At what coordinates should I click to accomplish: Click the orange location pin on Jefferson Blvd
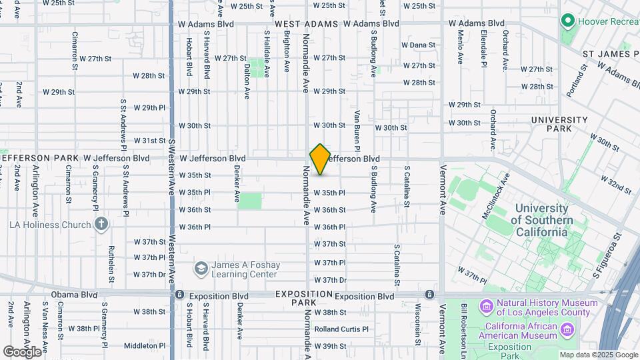(x=320, y=159)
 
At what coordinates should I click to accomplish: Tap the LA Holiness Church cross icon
(x=101, y=224)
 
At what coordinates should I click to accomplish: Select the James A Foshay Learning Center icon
(x=201, y=269)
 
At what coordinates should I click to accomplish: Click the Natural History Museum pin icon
(x=485, y=307)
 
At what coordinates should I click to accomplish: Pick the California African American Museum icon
(x=567, y=330)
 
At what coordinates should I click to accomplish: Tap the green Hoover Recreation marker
(x=568, y=21)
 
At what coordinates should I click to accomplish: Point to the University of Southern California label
(x=543, y=220)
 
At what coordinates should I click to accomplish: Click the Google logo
(x=22, y=351)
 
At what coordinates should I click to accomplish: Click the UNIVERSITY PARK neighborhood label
(x=559, y=125)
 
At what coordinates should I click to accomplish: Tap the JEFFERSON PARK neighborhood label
(x=39, y=158)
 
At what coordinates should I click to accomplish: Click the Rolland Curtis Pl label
(x=341, y=329)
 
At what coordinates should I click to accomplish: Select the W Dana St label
(x=418, y=45)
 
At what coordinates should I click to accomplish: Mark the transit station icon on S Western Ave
(x=179, y=295)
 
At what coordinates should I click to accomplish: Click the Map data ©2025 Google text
(x=598, y=355)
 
